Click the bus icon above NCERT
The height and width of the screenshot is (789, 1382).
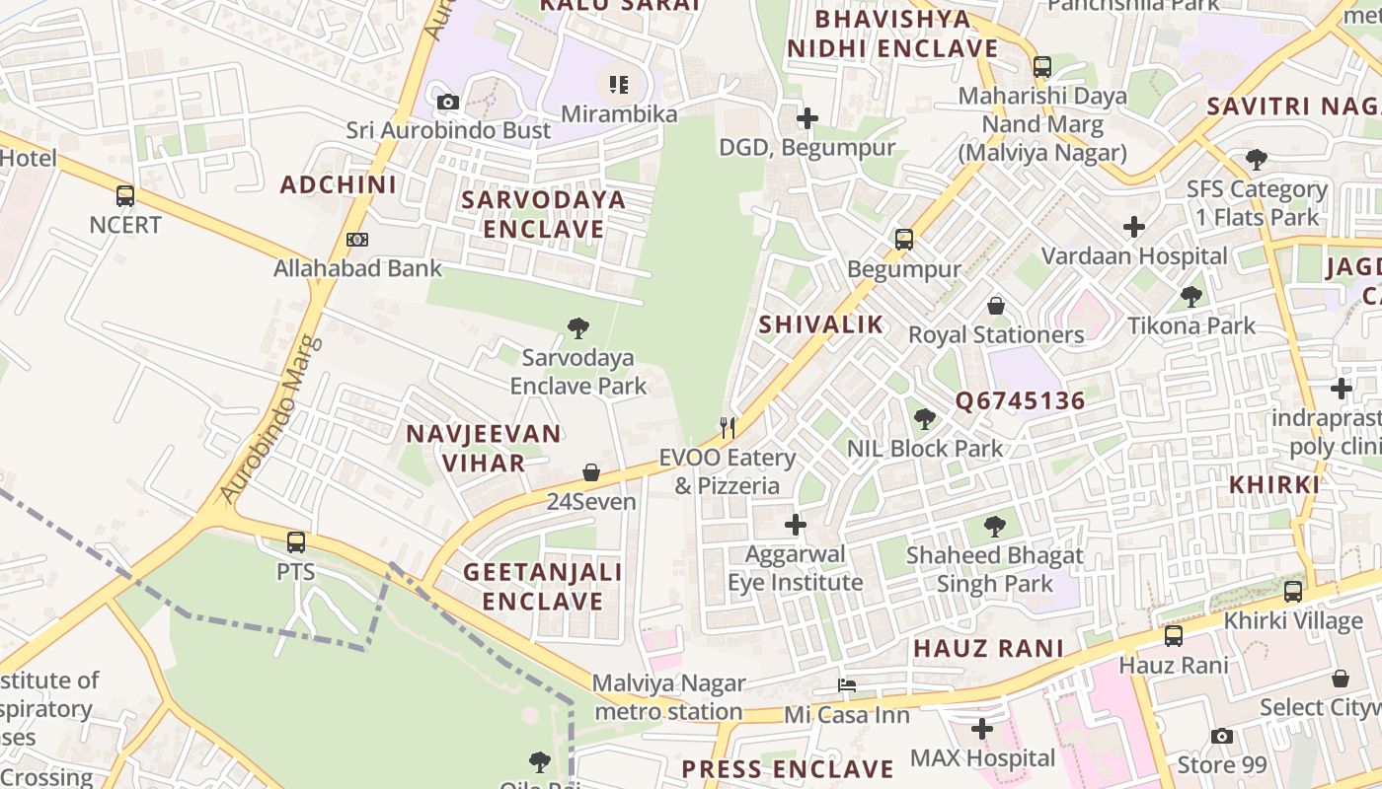click(x=125, y=195)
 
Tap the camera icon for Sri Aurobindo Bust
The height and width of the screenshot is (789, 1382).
click(x=448, y=102)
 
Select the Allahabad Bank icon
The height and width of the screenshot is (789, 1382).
click(x=357, y=240)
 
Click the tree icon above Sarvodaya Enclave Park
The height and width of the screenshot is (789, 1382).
click(x=578, y=328)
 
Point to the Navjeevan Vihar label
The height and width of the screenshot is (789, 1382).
click(x=484, y=448)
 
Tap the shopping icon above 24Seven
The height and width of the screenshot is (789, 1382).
click(x=591, y=472)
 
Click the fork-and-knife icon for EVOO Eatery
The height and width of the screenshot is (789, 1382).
click(x=728, y=427)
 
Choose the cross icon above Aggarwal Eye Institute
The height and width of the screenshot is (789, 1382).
click(x=796, y=525)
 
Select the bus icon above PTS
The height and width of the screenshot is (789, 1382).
click(x=296, y=541)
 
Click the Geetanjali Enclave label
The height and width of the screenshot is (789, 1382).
click(x=543, y=586)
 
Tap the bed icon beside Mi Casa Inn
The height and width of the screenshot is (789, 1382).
click(x=847, y=685)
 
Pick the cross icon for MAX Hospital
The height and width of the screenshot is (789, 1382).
click(x=981, y=729)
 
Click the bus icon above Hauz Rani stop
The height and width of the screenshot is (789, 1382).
click(x=1173, y=636)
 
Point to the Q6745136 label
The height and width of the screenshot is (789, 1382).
click(x=1020, y=401)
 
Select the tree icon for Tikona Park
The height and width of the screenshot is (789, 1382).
click(x=1191, y=296)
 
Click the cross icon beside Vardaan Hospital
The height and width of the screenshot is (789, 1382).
click(x=1134, y=227)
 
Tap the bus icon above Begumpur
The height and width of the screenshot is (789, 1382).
click(x=904, y=239)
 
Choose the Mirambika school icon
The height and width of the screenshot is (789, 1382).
click(x=619, y=85)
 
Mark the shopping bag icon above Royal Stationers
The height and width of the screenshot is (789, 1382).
click(x=996, y=306)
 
